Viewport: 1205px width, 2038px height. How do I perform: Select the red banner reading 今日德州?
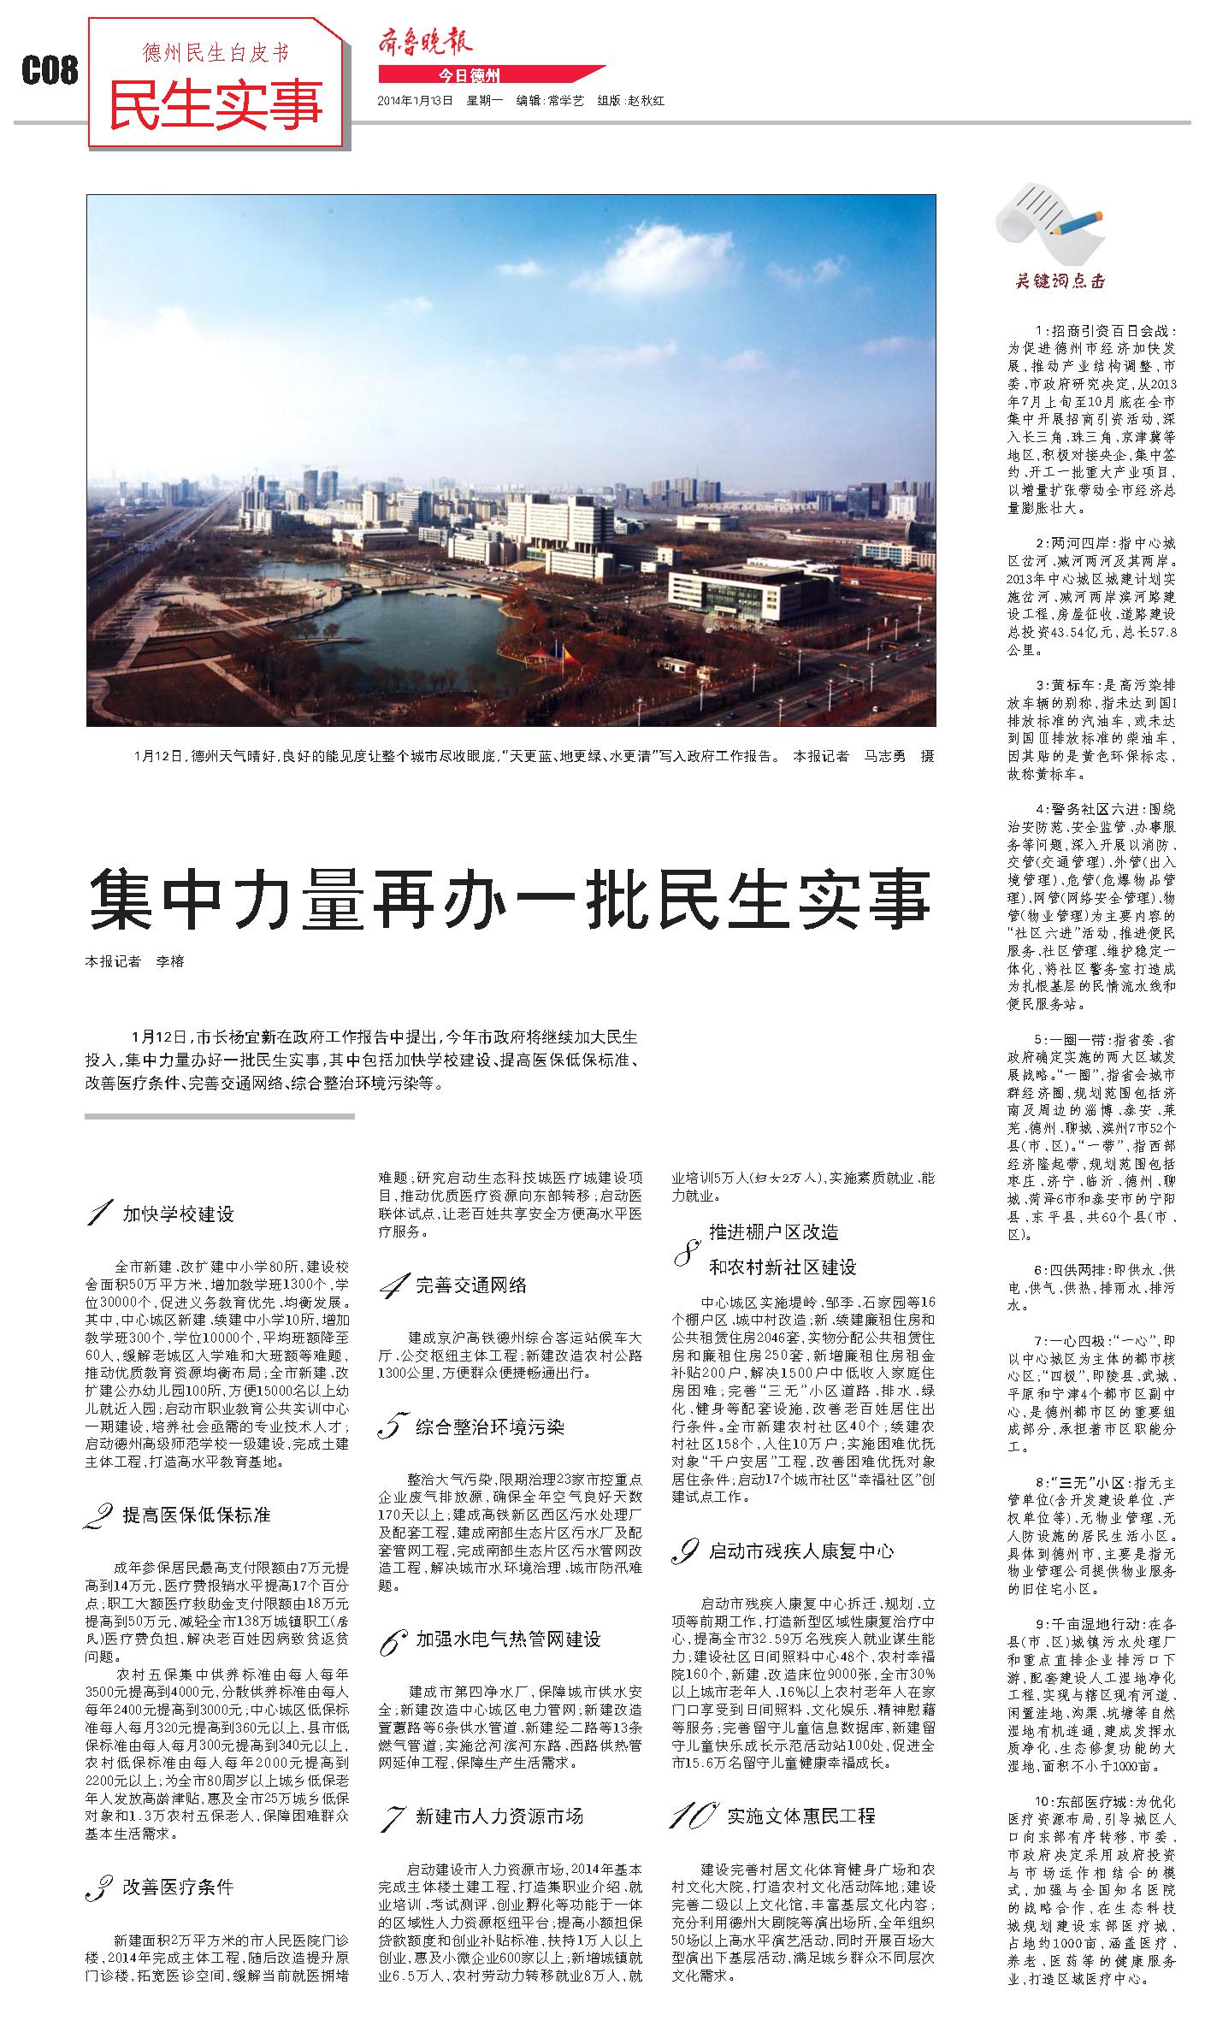(470, 74)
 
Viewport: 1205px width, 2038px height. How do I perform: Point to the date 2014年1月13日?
(415, 101)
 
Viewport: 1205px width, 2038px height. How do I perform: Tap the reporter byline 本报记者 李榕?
(134, 961)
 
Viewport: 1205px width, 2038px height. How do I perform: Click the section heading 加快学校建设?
(178, 1214)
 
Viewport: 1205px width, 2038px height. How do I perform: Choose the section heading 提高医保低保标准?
(197, 1515)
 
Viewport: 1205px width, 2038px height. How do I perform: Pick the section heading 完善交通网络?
(471, 1285)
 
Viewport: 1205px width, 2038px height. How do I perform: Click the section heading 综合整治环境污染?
(490, 1427)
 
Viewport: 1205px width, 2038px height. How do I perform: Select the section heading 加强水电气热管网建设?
(508, 1639)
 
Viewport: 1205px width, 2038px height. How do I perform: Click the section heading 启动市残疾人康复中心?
(801, 1551)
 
